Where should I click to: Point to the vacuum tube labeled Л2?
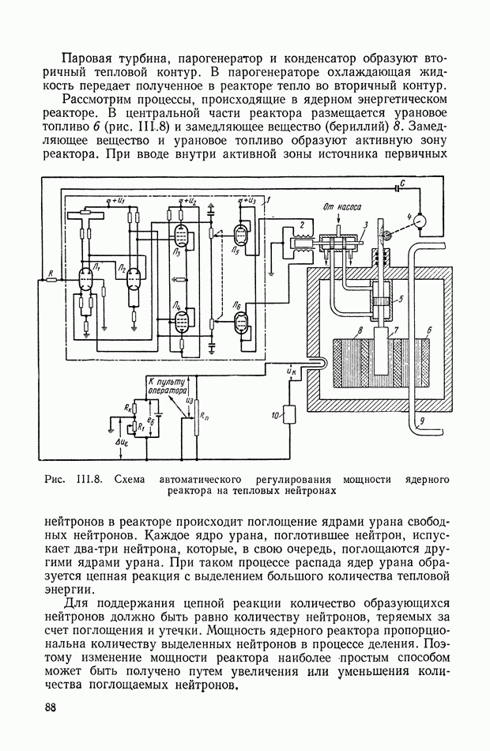coord(131,276)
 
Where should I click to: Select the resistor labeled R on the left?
coord(51,279)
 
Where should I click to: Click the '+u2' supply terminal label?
coord(188,202)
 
